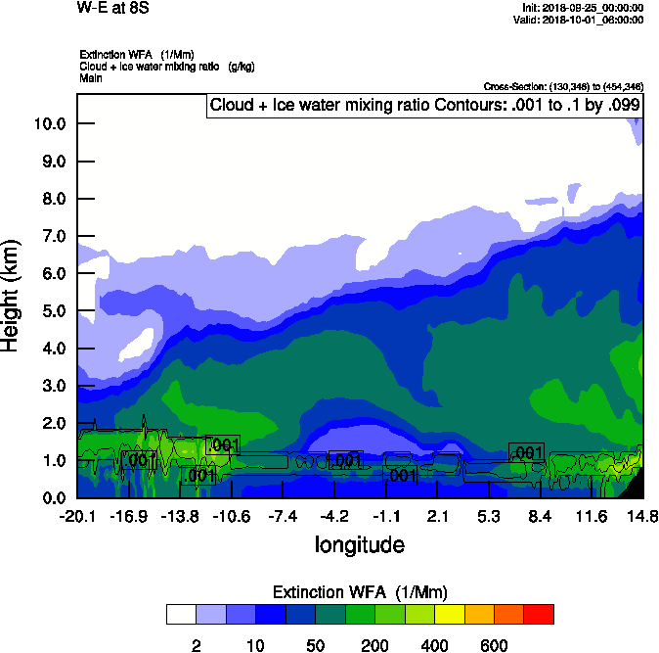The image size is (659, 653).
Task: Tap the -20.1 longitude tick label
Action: (x=77, y=516)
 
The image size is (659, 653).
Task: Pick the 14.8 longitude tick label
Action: (x=642, y=516)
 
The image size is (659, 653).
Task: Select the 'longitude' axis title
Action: (x=359, y=544)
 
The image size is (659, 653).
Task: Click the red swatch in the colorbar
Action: (x=539, y=615)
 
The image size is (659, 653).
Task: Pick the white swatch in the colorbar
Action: (x=181, y=615)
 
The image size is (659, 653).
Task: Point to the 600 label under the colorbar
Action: (x=494, y=645)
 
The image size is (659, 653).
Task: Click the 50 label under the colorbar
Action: (x=315, y=645)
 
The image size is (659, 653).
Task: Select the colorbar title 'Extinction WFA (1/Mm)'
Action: (x=359, y=592)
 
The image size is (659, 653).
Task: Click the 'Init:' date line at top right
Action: (x=584, y=8)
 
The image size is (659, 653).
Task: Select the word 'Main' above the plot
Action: (x=91, y=76)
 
